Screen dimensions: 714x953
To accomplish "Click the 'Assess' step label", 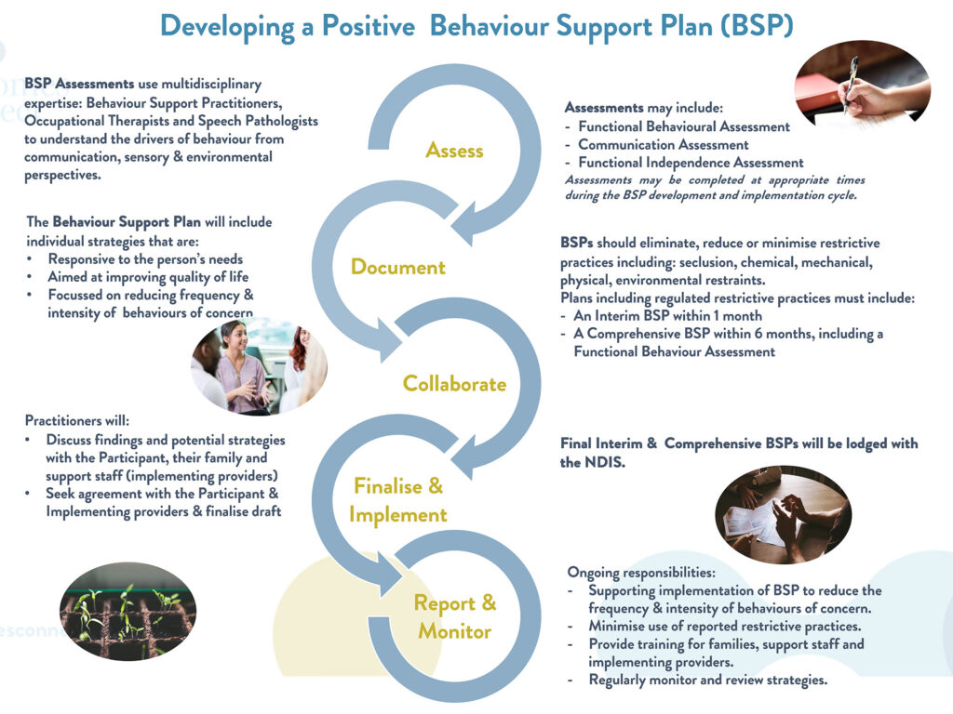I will click(x=454, y=150).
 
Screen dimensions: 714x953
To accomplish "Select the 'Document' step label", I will click(x=397, y=268).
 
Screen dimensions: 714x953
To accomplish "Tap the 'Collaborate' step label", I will click(x=454, y=384).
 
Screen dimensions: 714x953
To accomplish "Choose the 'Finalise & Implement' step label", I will click(x=398, y=500).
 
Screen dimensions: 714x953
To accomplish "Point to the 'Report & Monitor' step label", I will click(x=455, y=617).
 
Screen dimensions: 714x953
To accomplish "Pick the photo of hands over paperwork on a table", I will click(x=782, y=514).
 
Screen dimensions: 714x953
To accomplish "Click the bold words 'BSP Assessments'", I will click(x=79, y=85).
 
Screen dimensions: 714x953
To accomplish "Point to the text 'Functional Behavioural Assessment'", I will click(x=683, y=126).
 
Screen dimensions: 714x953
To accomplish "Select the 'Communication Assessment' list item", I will click(x=663, y=145).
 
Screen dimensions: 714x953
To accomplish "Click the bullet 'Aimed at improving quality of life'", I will click(x=148, y=277).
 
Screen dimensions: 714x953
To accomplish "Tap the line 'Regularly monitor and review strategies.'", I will click(x=707, y=680).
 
